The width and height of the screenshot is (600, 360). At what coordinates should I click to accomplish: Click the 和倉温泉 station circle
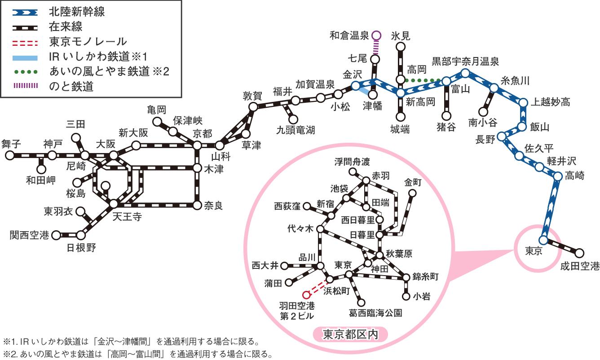click(x=376, y=35)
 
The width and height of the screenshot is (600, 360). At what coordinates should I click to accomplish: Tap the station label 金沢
click(x=352, y=74)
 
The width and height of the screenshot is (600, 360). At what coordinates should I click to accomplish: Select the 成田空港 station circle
click(x=579, y=253)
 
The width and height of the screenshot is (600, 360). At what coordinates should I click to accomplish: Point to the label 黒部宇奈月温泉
click(x=465, y=61)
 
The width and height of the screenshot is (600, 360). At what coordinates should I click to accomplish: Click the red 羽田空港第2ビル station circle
click(x=306, y=295)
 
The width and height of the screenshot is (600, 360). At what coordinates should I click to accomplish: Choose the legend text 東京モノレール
click(x=88, y=42)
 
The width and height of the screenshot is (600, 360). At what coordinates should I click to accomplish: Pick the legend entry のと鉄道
click(x=71, y=87)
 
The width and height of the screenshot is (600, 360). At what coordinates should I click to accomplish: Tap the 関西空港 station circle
click(x=56, y=235)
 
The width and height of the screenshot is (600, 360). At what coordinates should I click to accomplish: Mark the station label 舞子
click(x=11, y=144)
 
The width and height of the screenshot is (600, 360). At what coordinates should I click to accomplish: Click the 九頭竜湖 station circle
click(x=293, y=119)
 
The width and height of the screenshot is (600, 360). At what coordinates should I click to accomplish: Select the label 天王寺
click(x=127, y=217)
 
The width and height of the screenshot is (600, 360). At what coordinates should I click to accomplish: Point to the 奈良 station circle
click(x=197, y=205)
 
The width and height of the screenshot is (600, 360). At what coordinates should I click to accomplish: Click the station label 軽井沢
click(x=561, y=161)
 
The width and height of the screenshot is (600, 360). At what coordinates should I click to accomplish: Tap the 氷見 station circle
click(x=401, y=46)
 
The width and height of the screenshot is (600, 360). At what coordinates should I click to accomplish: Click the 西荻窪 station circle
click(x=307, y=207)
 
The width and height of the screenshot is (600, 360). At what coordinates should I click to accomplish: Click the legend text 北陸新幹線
click(x=76, y=12)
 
